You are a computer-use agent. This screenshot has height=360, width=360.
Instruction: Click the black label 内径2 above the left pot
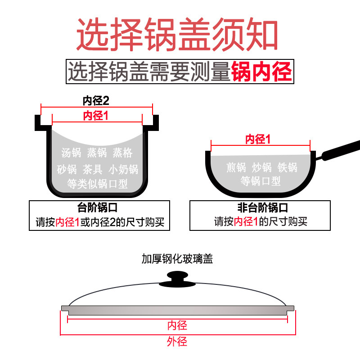click(96, 100)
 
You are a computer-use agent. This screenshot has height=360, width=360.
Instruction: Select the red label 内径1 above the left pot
click(96, 116)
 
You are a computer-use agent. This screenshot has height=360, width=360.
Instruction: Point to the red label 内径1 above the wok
click(258, 139)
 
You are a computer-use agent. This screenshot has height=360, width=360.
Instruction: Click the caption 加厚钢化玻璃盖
click(177, 259)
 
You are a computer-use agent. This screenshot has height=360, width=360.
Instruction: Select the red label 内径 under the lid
click(177, 325)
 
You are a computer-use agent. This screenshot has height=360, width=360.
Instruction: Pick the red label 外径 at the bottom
click(177, 342)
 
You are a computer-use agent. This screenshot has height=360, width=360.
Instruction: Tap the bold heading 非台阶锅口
click(262, 208)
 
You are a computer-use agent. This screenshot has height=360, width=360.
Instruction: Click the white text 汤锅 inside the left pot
click(71, 153)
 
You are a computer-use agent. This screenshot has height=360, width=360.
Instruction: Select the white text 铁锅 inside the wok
click(288, 167)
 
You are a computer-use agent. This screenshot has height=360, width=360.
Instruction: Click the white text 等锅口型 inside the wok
click(261, 181)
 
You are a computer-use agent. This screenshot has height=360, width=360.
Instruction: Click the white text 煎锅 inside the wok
click(236, 167)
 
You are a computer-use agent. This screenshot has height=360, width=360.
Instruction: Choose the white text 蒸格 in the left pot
click(122, 153)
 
